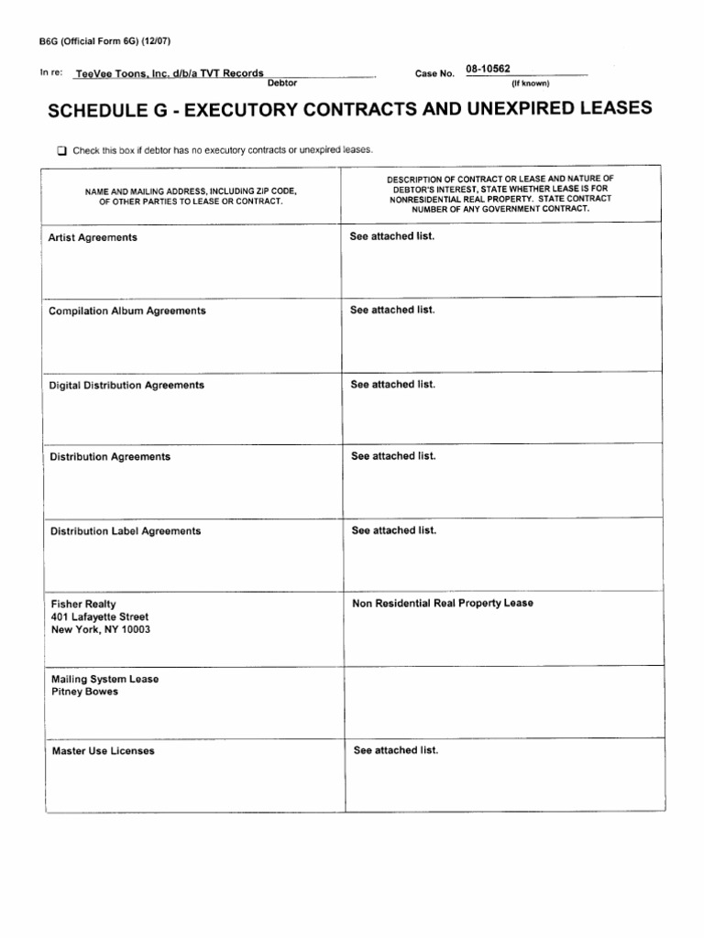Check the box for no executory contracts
[62, 149]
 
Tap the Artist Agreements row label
[93, 237]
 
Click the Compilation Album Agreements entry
[126, 311]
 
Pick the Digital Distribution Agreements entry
[126, 386]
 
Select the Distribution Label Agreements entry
[126, 531]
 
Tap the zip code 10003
[134, 630]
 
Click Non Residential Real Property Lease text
[442, 603]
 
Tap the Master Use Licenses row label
[103, 751]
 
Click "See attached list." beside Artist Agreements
[392, 236]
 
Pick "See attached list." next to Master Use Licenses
[396, 750]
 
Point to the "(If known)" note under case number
[530, 83]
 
